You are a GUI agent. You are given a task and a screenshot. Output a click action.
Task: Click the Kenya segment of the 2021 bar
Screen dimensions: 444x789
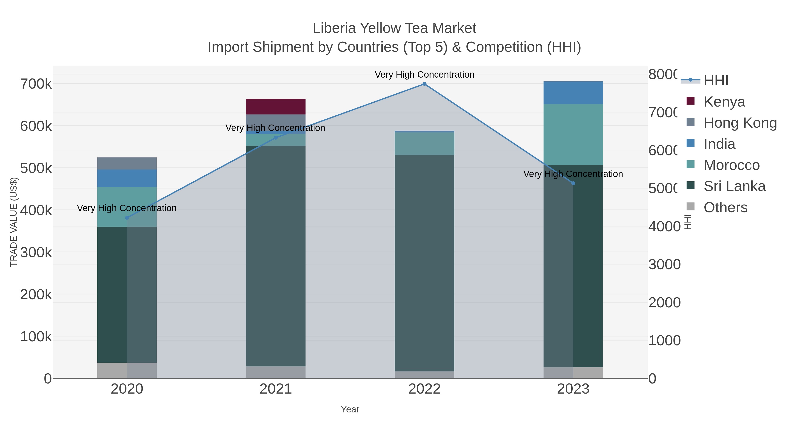pyautogui.click(x=276, y=107)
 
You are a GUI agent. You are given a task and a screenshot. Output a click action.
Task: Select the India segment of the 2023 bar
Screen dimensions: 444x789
pyautogui.click(x=573, y=93)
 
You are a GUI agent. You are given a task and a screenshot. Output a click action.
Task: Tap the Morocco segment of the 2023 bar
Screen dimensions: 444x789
pyautogui.click(x=573, y=134)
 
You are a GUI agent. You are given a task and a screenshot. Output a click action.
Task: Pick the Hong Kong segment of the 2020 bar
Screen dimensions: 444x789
pyautogui.click(x=127, y=163)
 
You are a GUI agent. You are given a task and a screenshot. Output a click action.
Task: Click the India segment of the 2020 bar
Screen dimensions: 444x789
pyautogui.click(x=127, y=178)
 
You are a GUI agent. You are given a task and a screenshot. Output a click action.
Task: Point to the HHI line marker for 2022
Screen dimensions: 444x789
pyautogui.click(x=424, y=84)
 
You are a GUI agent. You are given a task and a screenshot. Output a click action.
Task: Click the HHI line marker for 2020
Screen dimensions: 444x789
pyautogui.click(x=127, y=218)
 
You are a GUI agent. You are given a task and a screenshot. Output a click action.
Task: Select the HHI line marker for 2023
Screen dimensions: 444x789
pyautogui.click(x=573, y=183)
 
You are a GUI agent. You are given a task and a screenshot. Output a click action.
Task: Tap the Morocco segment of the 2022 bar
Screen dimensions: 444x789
pyautogui.click(x=424, y=143)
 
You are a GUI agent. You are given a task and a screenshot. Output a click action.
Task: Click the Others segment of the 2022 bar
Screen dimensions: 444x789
pyautogui.click(x=424, y=375)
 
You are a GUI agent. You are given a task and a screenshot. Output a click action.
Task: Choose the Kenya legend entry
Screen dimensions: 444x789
pyautogui.click(x=724, y=102)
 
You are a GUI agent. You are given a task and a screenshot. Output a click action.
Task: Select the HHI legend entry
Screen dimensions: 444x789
pyautogui.click(x=716, y=81)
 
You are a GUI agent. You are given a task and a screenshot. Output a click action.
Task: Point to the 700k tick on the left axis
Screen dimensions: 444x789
pyautogui.click(x=36, y=84)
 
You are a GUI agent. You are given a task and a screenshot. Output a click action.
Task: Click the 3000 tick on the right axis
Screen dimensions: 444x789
pyautogui.click(x=664, y=264)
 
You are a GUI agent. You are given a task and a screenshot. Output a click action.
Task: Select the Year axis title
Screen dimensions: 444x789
pyautogui.click(x=350, y=409)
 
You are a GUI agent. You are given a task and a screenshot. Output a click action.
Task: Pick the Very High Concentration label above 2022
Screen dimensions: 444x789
pyautogui.click(x=424, y=75)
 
